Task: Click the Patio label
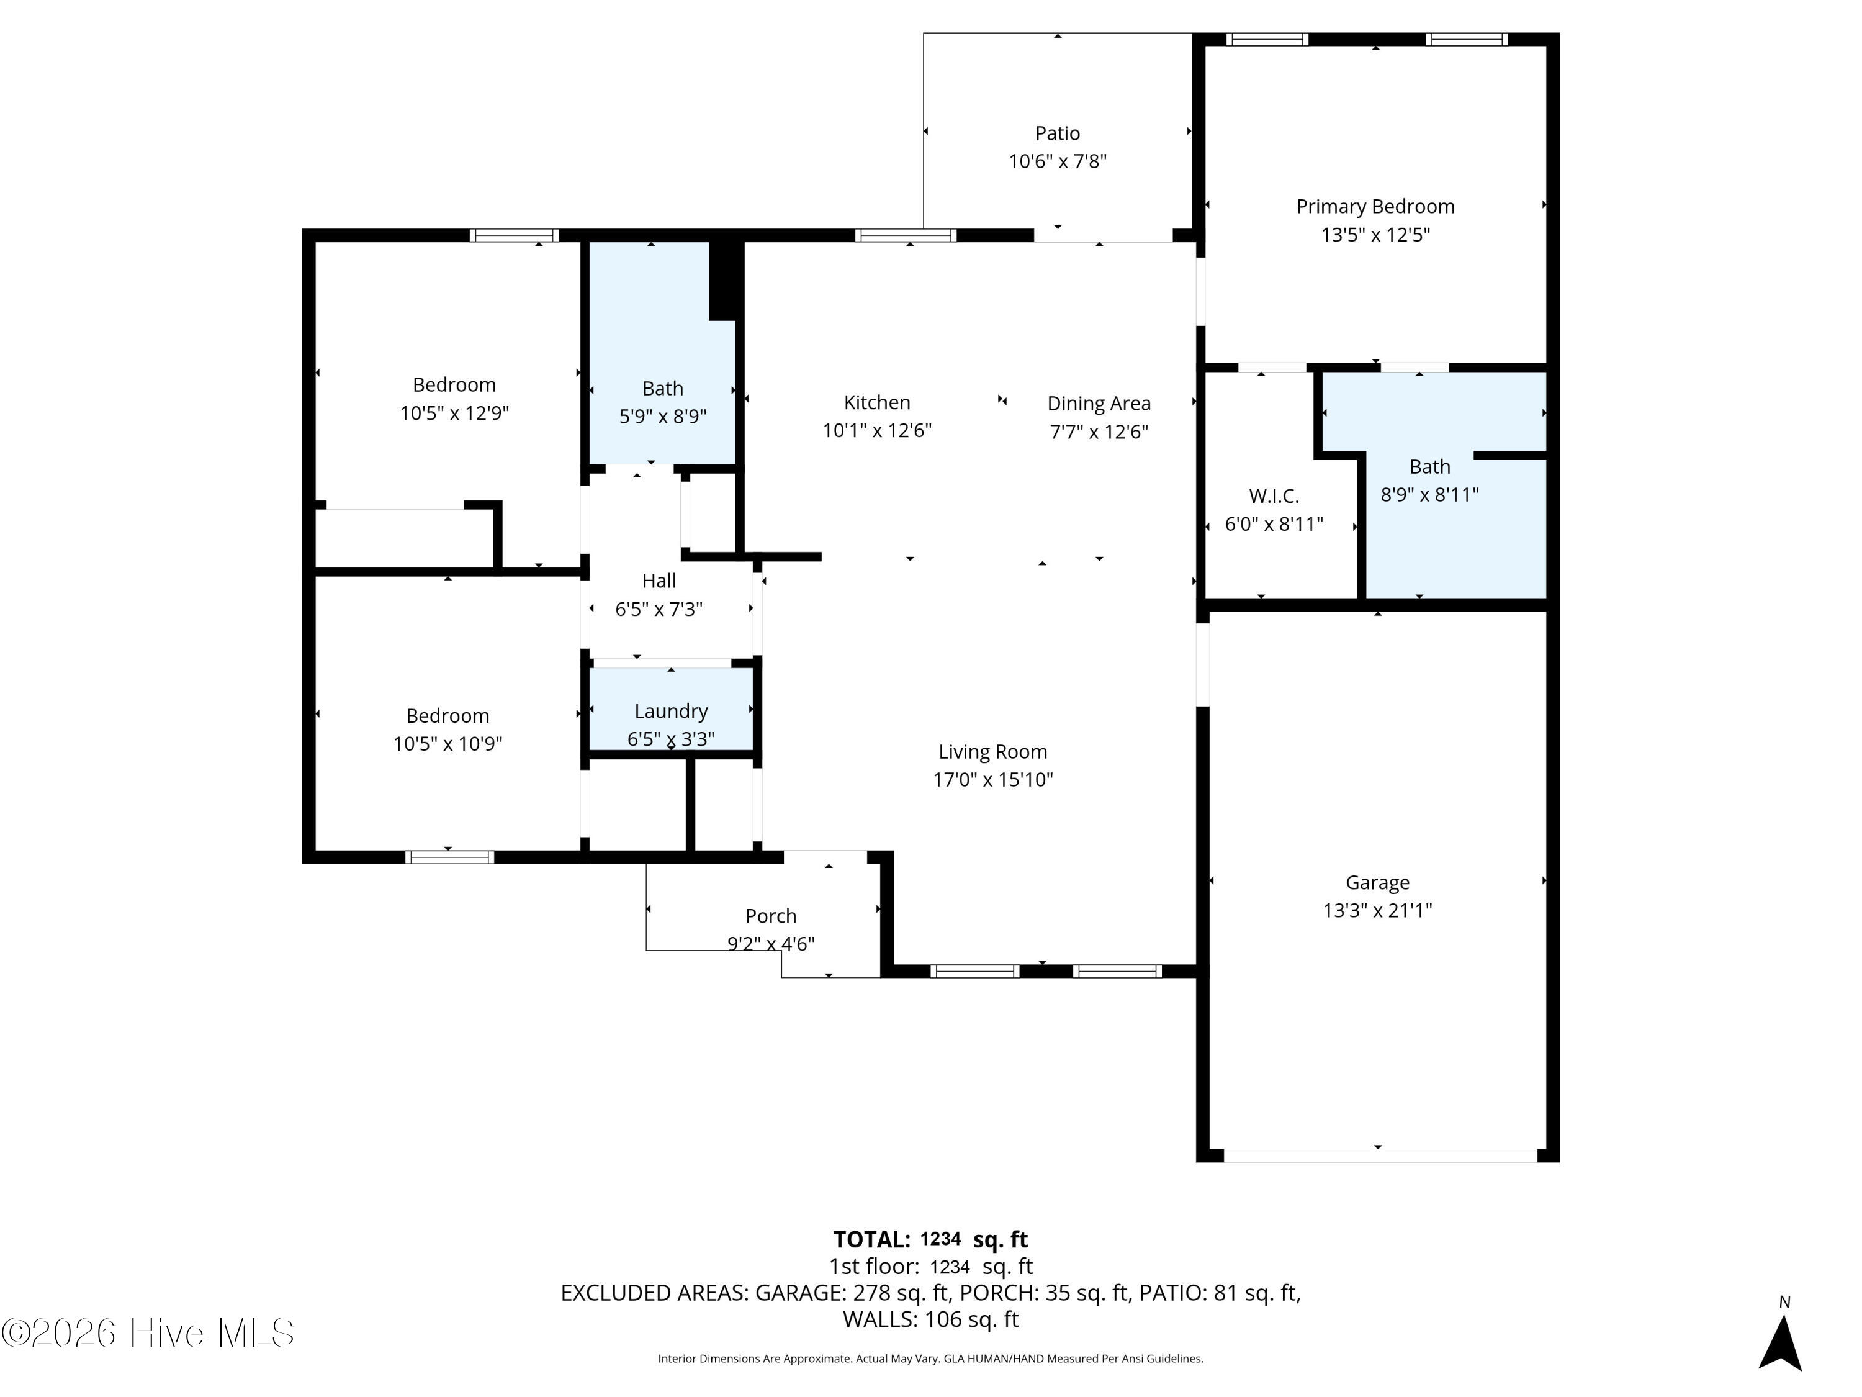(x=1057, y=133)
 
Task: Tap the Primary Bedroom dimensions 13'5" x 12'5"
(x=1375, y=235)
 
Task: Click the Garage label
(x=1377, y=882)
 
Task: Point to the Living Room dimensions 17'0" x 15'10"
(x=992, y=780)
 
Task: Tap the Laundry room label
(x=671, y=712)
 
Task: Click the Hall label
(x=659, y=581)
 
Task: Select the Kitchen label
(x=876, y=402)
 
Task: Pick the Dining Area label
(x=1099, y=404)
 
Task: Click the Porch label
(x=770, y=916)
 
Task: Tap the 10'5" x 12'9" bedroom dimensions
(x=454, y=414)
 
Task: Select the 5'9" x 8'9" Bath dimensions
(x=662, y=417)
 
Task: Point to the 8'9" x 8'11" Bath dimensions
(x=1429, y=495)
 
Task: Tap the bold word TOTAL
(x=871, y=1239)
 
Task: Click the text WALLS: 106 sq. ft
(x=930, y=1319)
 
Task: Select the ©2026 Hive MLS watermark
(x=148, y=1333)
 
